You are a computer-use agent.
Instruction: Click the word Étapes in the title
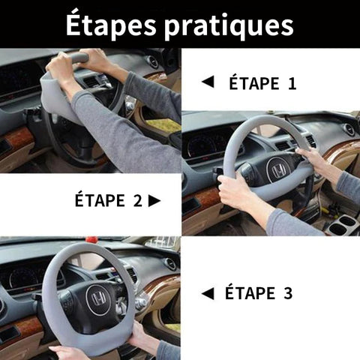111,25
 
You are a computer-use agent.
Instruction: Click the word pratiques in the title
229,26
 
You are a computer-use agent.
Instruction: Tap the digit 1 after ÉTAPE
292,83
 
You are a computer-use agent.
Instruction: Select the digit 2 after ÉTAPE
138,200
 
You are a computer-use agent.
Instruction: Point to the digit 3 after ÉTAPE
288,293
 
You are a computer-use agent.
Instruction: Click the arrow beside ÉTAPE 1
208,82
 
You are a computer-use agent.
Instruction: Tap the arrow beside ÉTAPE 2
154,200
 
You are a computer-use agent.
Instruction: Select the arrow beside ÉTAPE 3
208,293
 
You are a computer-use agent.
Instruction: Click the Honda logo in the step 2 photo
278,170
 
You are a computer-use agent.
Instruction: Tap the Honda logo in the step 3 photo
97,299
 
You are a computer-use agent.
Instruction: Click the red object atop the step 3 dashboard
91,239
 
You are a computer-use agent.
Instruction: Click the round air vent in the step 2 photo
349,130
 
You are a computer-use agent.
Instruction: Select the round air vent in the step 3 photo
170,264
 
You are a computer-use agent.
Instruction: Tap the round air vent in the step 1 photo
152,62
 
